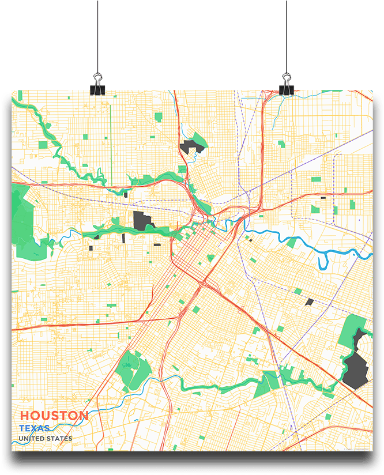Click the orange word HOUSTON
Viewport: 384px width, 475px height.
pyautogui.click(x=54, y=416)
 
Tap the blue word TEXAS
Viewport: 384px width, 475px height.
pyautogui.click(x=34, y=428)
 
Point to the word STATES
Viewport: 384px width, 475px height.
pyautogui.click(x=59, y=439)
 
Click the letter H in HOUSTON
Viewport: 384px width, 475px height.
pyautogui.click(x=25, y=416)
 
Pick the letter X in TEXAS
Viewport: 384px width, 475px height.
pyautogui.click(x=36, y=428)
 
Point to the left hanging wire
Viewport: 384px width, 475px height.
pyautogui.click(x=97, y=35)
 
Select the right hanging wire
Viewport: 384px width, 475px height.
pyautogui.click(x=286, y=35)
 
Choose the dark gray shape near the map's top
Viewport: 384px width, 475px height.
pyautogui.click(x=190, y=146)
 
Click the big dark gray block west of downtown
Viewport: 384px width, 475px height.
pyautogui.click(x=142, y=220)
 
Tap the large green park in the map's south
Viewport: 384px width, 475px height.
pyautogui.click(x=134, y=370)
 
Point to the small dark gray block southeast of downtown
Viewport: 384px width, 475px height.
pyautogui.click(x=309, y=301)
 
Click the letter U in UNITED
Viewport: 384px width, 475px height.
pyautogui.click(x=21, y=439)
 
